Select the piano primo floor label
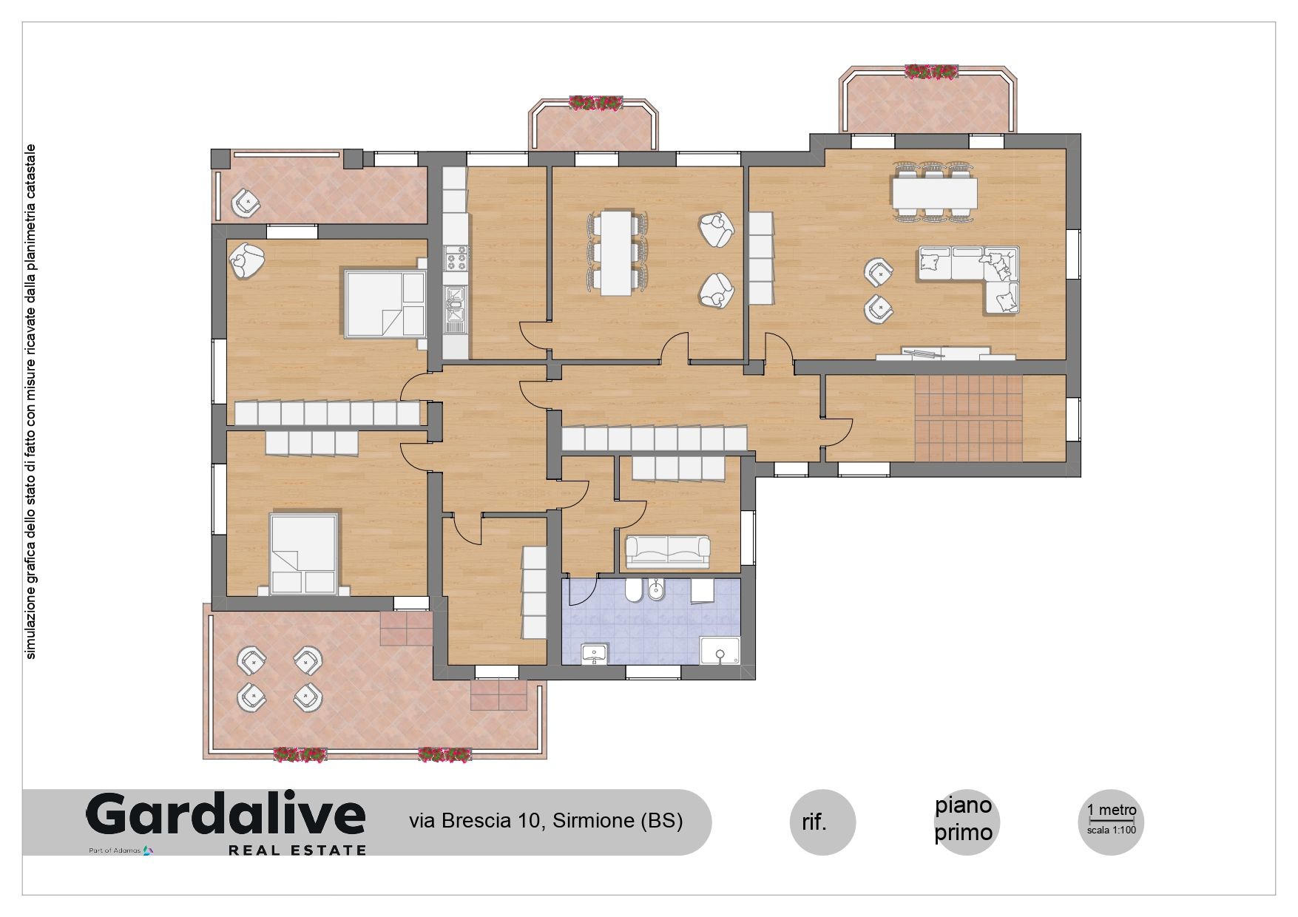tap(963, 819)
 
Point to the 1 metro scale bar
tap(1112, 820)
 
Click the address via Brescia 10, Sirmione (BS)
tap(546, 821)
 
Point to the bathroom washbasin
tap(594, 654)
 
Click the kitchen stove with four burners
tap(456, 257)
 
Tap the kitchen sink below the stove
tap(455, 308)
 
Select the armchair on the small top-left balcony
tap(246, 203)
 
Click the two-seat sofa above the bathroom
tap(668, 551)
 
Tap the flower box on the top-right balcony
tap(932, 71)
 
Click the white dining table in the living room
tap(934, 194)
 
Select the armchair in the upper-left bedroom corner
tap(247, 260)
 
